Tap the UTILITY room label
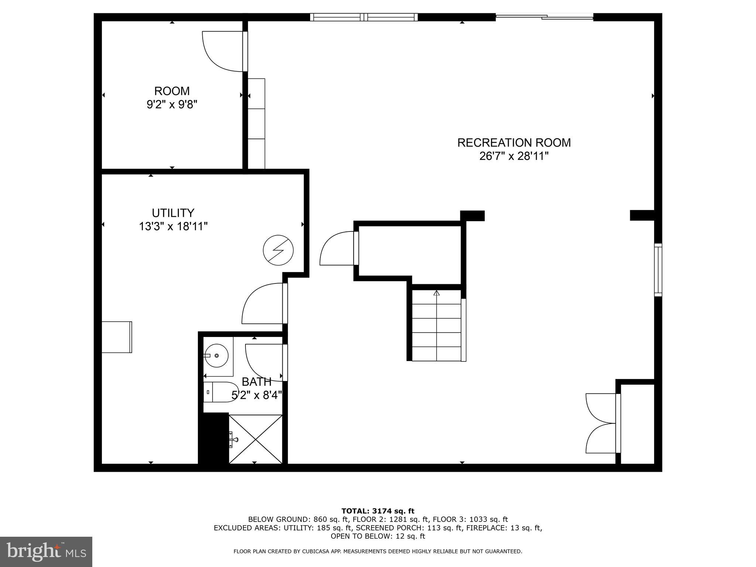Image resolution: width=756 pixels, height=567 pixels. (x=173, y=219)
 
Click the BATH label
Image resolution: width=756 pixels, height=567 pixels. (x=257, y=382)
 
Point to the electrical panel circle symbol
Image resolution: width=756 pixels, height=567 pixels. (x=278, y=250)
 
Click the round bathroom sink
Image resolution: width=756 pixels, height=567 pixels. (x=216, y=355)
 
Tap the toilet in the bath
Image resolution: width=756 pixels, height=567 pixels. (x=220, y=392)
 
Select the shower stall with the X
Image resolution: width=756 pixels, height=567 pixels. (x=255, y=439)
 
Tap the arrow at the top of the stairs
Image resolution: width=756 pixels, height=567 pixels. (x=437, y=293)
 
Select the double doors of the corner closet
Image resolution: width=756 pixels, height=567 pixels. (x=601, y=423)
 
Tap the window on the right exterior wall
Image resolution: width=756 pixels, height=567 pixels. (x=658, y=269)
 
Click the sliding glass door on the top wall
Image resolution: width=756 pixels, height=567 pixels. (x=544, y=17)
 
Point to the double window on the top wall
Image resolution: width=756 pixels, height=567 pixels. (x=364, y=17)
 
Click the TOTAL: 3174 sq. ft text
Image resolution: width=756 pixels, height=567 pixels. (x=378, y=511)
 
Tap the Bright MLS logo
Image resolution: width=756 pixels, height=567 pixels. (x=46, y=551)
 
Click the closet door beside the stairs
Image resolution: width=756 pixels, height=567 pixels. (x=337, y=248)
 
